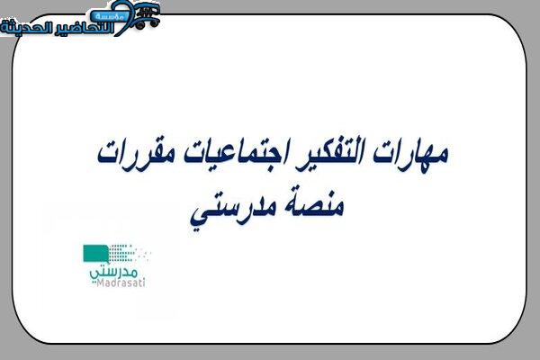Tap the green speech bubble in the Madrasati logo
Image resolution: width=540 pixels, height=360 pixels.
click(95, 254)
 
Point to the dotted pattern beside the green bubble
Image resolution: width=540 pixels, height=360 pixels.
click(129, 254)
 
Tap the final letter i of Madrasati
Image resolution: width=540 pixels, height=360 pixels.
click(144, 283)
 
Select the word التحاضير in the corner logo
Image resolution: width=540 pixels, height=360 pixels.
click(84, 28)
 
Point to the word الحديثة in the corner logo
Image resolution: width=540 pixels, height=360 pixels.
click(26, 27)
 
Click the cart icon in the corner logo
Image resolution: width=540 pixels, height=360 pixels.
click(147, 15)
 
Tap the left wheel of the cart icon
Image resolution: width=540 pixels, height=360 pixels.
click(139, 25)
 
